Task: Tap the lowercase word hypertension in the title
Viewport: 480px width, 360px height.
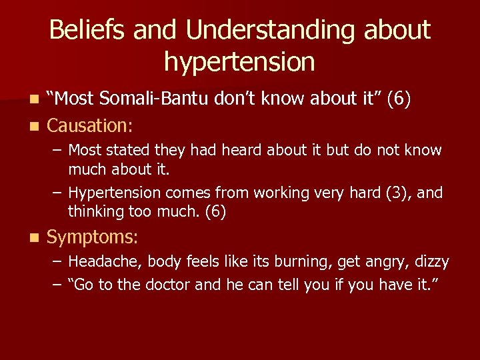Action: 239,62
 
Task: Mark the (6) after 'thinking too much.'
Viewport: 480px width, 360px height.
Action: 216,212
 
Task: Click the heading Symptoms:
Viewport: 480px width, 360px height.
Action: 92,237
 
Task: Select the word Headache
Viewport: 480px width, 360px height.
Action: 105,262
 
